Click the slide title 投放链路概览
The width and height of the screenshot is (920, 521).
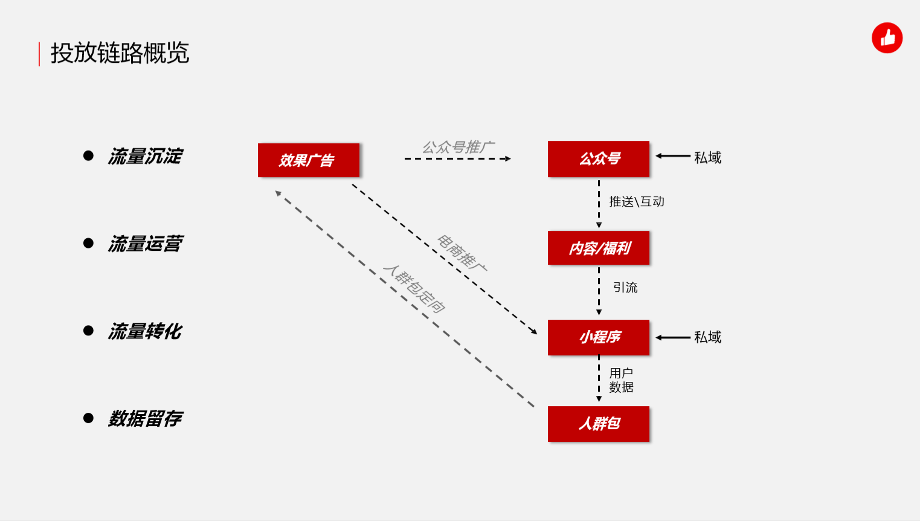[120, 53]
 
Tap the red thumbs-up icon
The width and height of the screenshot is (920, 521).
[887, 38]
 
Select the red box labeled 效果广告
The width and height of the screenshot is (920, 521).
[309, 160]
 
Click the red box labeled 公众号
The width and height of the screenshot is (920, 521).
[599, 159]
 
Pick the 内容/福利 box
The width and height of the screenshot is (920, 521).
[599, 248]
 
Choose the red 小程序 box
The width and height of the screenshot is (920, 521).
[599, 337]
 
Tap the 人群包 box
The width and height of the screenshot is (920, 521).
[599, 424]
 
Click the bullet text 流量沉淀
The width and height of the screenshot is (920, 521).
[145, 156]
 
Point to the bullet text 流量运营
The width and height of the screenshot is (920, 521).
[145, 244]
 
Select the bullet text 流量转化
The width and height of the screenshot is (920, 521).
[145, 331]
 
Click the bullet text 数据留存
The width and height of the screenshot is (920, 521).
[145, 419]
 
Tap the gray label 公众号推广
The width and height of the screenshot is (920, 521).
[458, 147]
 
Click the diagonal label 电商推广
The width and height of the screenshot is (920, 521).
[462, 253]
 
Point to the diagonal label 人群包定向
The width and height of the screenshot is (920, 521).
[414, 288]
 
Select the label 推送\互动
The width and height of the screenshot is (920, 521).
[637, 201]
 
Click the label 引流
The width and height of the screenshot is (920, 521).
[626, 287]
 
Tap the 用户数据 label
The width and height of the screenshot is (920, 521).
[621, 380]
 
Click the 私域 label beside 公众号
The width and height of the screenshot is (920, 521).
[707, 157]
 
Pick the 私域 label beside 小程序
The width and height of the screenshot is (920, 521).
[707, 337]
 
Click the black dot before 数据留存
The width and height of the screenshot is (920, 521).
[88, 418]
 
